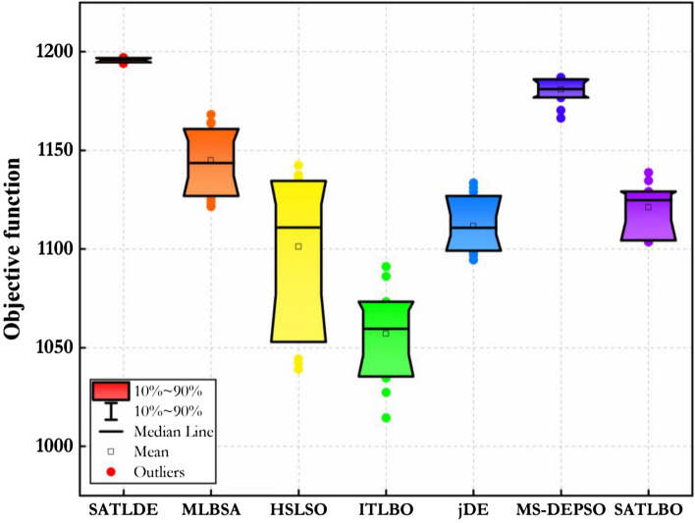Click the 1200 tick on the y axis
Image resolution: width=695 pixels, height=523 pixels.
[x=59, y=52]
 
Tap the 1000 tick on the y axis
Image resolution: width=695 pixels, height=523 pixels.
[x=59, y=446]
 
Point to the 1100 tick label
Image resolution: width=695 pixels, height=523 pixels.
[x=59, y=249]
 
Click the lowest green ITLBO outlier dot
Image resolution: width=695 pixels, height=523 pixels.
[x=386, y=418]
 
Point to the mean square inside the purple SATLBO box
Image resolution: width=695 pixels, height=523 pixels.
[x=648, y=207]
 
